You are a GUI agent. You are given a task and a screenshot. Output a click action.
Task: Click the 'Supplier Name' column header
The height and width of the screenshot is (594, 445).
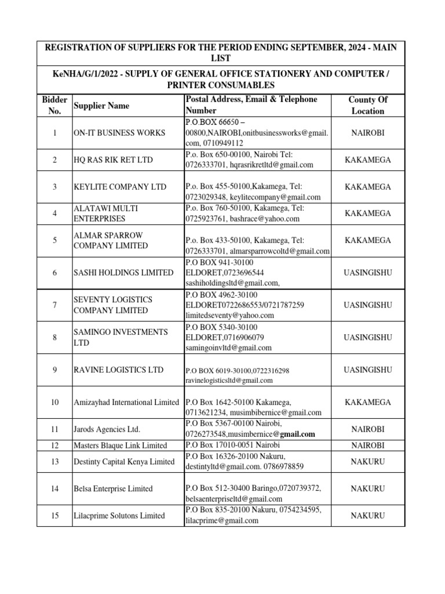tap(101, 106)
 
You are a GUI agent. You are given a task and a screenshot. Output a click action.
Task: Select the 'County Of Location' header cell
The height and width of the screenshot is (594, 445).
tap(367, 105)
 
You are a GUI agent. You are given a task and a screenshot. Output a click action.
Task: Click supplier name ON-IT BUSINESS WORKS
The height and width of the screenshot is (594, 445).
tap(119, 133)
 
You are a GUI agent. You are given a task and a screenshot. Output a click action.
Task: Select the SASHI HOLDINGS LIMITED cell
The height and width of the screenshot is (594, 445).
tap(123, 273)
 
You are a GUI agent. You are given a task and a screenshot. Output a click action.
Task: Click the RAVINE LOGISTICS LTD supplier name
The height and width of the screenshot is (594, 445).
tap(118, 370)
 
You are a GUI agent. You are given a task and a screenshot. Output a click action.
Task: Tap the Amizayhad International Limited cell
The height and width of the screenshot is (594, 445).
tap(126, 402)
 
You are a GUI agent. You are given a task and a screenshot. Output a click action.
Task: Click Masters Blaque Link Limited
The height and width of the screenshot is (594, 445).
tap(120, 445)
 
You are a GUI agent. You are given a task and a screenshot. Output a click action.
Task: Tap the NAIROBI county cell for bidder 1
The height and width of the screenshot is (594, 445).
tap(367, 132)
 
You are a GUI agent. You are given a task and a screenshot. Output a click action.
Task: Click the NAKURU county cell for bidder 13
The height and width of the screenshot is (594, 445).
tap(367, 461)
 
